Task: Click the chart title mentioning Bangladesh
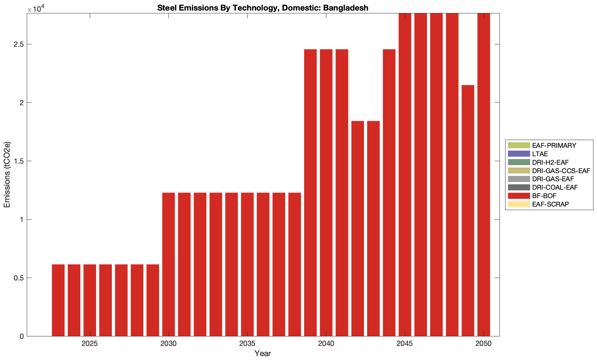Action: [263, 8]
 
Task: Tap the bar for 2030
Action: [169, 264]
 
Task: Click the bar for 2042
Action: [358, 228]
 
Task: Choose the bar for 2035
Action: [247, 264]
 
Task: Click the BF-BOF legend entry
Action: [544, 196]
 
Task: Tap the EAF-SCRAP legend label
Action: [550, 204]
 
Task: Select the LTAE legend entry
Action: [540, 154]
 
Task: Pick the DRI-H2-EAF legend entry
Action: [550, 163]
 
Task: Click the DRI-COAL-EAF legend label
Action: [555, 188]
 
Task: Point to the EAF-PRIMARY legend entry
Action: [554, 146]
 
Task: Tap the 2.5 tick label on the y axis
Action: [19, 44]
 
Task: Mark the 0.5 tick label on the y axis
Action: [19, 278]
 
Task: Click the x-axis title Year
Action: [263, 353]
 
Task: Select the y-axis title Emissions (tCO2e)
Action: [7, 175]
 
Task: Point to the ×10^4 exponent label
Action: [34, 8]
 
